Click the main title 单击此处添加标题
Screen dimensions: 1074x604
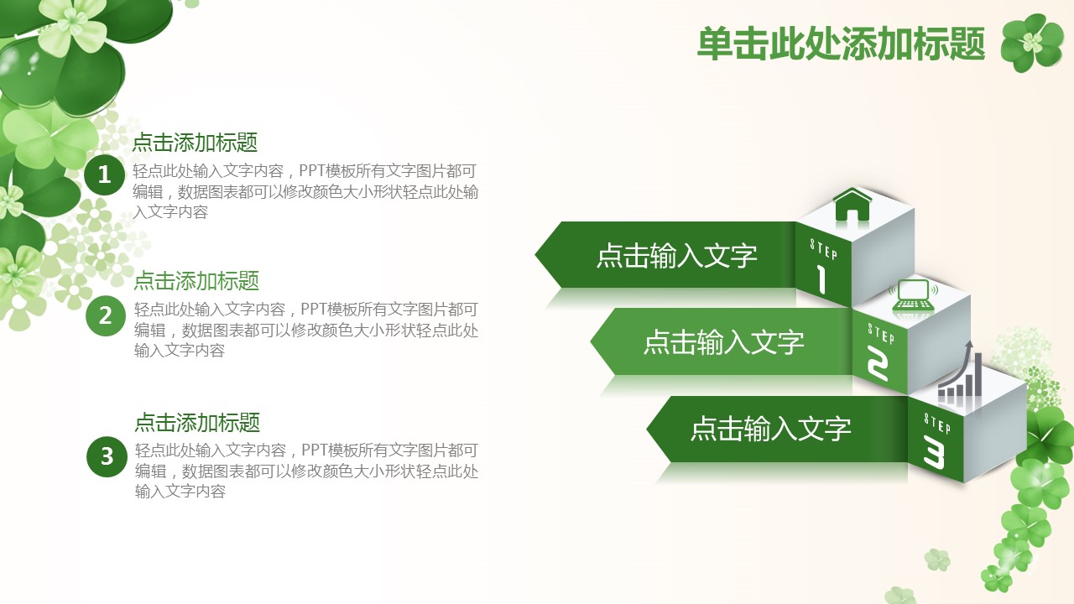tap(841, 44)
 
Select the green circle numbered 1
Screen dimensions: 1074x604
tap(105, 174)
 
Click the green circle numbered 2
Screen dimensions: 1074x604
tap(106, 315)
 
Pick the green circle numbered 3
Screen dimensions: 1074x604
tap(107, 456)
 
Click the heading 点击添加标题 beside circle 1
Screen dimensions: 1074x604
tap(196, 143)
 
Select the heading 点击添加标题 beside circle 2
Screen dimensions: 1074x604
tap(196, 281)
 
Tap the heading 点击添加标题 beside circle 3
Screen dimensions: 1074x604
tap(197, 422)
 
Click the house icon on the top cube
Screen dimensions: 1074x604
tap(852, 204)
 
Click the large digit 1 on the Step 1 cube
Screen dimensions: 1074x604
tap(821, 279)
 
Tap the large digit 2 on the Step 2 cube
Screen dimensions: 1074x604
tap(878, 364)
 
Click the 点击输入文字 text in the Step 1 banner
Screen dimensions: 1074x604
tap(676, 256)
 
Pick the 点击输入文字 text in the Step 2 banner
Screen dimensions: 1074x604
tap(723, 341)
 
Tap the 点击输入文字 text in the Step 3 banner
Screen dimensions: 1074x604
tap(770, 428)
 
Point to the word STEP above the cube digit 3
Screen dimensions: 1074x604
tap(937, 424)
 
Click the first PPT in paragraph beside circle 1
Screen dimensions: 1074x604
tap(313, 170)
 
